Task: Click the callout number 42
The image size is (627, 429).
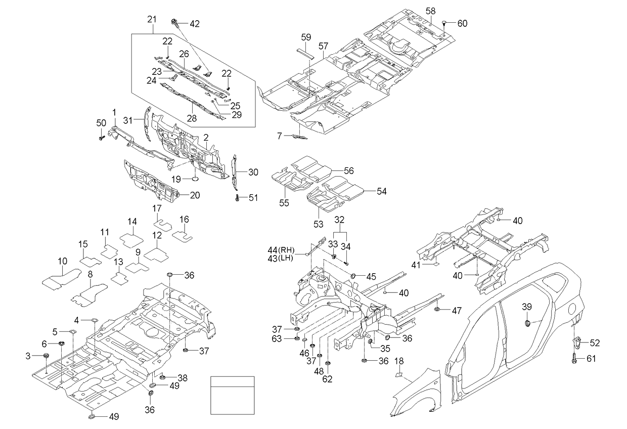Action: (194, 23)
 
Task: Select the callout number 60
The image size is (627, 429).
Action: (463, 23)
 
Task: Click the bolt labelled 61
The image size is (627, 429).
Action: (575, 359)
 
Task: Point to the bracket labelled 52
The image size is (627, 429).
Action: (576, 341)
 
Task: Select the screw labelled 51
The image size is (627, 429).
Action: (237, 197)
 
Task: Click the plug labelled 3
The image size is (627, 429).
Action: (46, 356)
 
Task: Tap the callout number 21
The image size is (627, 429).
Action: (151, 19)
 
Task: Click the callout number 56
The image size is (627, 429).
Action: (349, 171)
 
